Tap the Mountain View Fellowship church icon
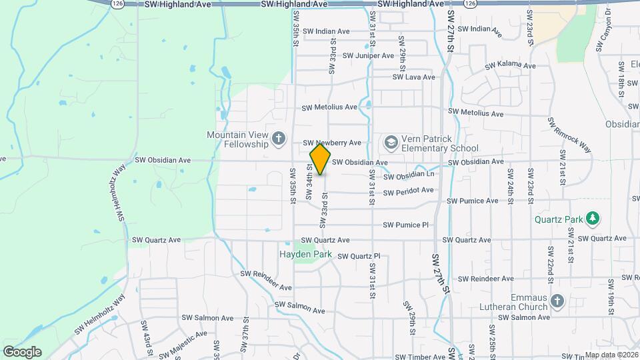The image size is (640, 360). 279,139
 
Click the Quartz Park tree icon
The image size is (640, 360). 592,219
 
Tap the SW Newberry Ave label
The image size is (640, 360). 332,143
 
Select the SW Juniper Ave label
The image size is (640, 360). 366,55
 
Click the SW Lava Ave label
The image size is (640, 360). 413,77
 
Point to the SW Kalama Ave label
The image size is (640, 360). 510,66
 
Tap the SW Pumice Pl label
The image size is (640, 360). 410,225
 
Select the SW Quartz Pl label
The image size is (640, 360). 359,256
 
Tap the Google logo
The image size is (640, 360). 22,352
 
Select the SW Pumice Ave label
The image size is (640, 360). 473,201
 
